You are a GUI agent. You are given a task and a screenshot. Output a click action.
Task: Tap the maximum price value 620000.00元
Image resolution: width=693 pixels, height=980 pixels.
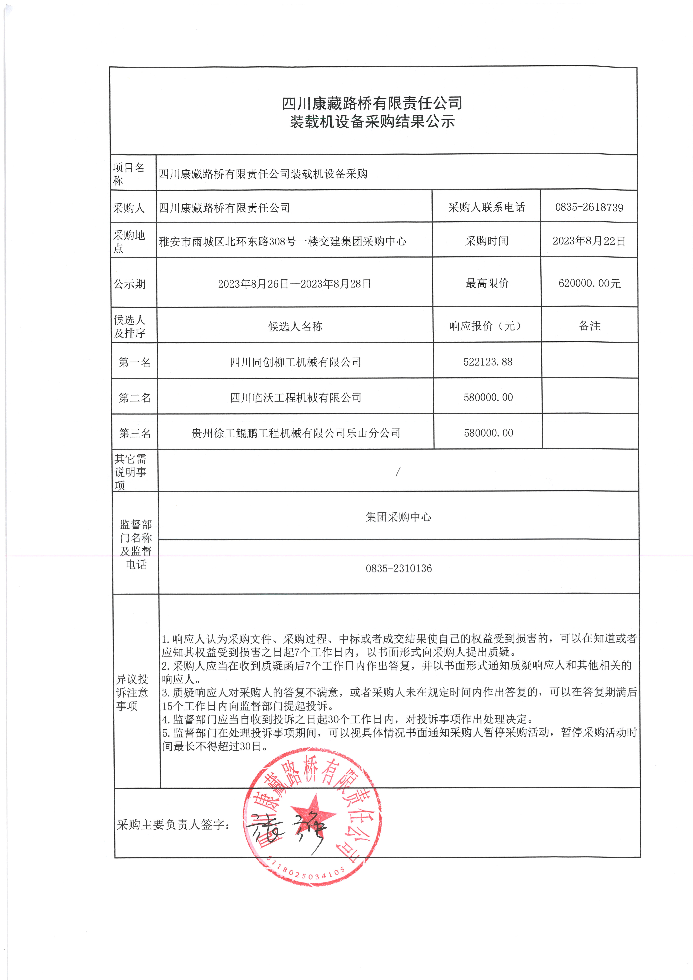tap(589, 283)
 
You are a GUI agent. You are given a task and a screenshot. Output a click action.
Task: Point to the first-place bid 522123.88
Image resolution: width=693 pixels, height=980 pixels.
tap(488, 362)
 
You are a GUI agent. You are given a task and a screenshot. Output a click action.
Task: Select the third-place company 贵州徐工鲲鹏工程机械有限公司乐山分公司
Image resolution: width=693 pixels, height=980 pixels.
tap(296, 433)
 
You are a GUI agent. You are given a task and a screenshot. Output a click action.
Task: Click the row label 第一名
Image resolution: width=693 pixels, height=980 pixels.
tap(135, 362)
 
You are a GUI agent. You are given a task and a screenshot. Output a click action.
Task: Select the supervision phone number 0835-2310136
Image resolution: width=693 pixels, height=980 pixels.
tap(398, 568)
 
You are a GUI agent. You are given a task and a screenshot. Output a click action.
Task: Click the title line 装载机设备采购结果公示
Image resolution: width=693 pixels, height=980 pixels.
tap(372, 122)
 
